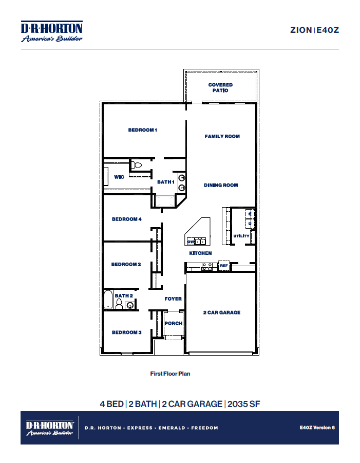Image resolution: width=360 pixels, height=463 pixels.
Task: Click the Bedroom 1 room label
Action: click(142, 130)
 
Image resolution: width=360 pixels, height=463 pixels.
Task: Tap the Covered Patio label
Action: click(220, 87)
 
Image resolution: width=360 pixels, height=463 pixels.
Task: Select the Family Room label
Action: click(222, 136)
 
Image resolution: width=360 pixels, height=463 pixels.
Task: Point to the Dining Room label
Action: click(220, 185)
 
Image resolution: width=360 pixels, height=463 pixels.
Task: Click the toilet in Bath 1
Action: click(136, 165)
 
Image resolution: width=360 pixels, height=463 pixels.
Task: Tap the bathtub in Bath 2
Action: click(108, 300)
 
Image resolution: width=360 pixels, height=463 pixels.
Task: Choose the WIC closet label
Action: click(119, 177)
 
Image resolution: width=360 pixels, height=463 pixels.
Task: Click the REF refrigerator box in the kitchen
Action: click(223, 266)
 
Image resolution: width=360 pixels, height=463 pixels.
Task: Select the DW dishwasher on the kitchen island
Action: click(190, 242)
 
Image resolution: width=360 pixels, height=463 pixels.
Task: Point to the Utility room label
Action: click(241, 236)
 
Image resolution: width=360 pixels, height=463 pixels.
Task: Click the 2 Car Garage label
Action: click(221, 312)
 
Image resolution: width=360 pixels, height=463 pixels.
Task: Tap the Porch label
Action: click(173, 323)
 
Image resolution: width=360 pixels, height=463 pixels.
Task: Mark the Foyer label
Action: click(173, 299)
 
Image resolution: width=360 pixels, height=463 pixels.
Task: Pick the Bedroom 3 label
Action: click(126, 332)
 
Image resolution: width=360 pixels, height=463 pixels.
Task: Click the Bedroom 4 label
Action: click(126, 219)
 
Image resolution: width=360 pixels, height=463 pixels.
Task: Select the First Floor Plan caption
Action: click(170, 374)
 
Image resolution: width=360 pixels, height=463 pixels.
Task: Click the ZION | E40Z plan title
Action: click(314, 30)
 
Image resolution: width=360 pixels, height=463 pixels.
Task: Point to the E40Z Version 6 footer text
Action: click(317, 427)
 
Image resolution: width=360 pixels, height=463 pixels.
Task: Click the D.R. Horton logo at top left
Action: click(51, 31)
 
